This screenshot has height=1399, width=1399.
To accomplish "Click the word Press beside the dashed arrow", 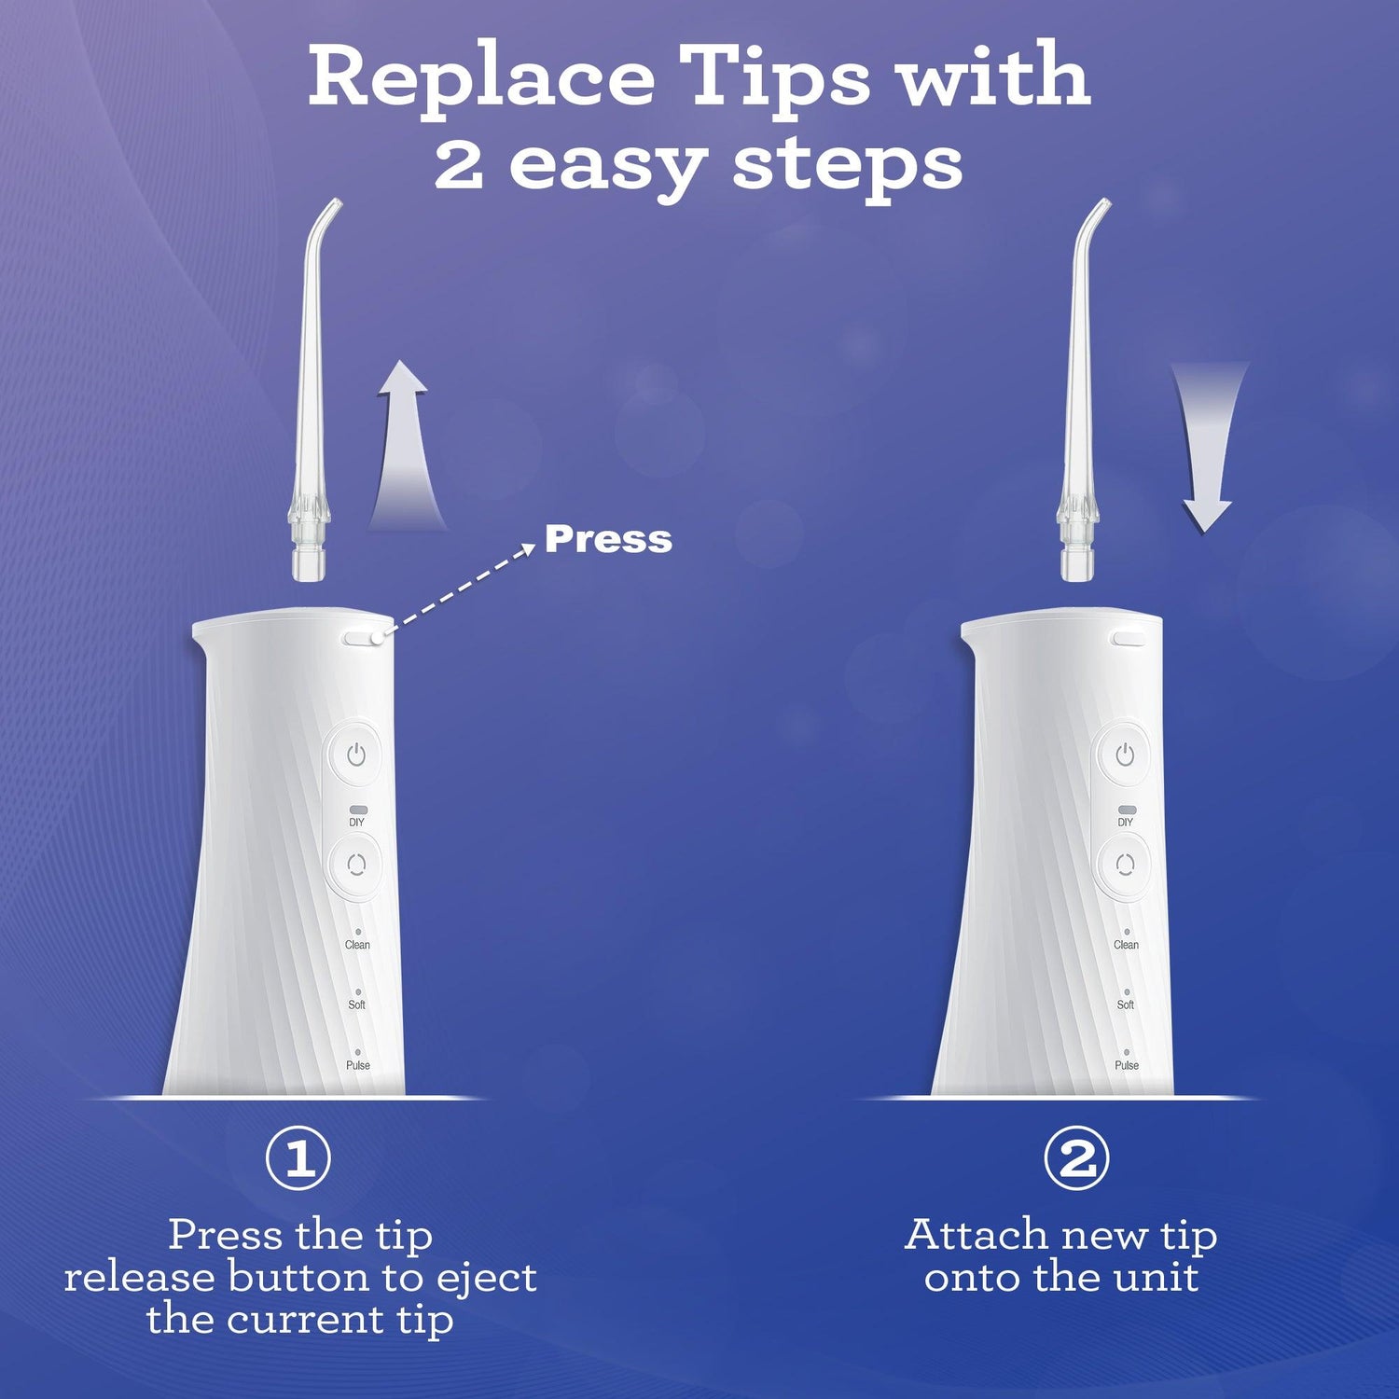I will pyautogui.click(x=608, y=539).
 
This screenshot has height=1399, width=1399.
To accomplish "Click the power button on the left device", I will pyautogui.click(x=356, y=755).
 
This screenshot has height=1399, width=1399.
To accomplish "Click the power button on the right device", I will pyautogui.click(x=1125, y=755).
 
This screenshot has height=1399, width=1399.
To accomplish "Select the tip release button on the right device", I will pyautogui.click(x=1129, y=639).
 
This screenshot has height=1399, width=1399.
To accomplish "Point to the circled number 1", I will pyautogui.click(x=298, y=1158).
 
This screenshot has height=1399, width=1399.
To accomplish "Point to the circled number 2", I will pyautogui.click(x=1076, y=1158).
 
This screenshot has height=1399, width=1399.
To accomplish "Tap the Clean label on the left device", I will pyautogui.click(x=357, y=945).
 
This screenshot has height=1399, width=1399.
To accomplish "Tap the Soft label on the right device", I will pyautogui.click(x=1126, y=1004).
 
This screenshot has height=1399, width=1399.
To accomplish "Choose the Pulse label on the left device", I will pyautogui.click(x=358, y=1065).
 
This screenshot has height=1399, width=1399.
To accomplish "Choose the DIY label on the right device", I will pyautogui.click(x=1126, y=822).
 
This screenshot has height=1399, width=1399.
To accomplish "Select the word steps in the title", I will pyautogui.click(x=847, y=165).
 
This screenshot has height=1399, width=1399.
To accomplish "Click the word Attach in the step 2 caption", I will pyautogui.click(x=977, y=1236).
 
